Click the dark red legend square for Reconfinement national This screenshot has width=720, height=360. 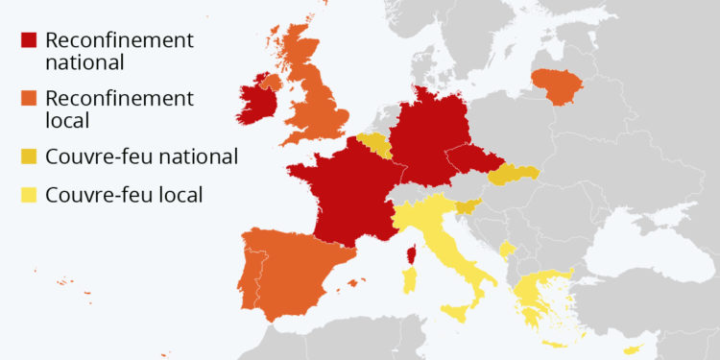(x=30, y=41)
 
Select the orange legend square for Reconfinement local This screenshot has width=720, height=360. (x=30, y=100)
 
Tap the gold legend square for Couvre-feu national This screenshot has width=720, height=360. (x=30, y=156)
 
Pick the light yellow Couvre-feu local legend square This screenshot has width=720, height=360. (x=30, y=195)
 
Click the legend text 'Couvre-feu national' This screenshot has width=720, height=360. (x=141, y=156)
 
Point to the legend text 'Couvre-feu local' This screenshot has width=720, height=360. (x=124, y=195)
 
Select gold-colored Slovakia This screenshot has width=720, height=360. (x=512, y=174)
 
